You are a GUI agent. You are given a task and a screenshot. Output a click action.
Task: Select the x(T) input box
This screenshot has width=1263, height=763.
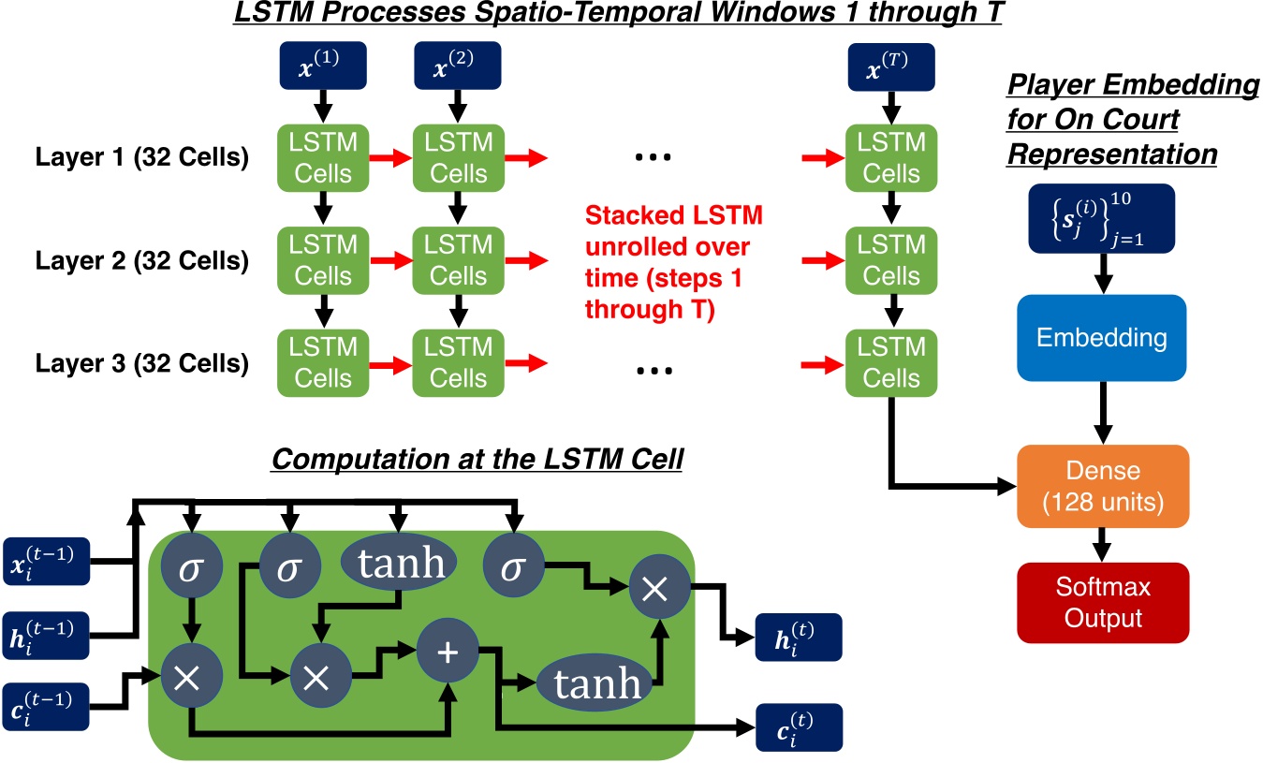pos(890,67)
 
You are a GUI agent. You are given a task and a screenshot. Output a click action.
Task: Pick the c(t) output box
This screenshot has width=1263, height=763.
pos(799,726)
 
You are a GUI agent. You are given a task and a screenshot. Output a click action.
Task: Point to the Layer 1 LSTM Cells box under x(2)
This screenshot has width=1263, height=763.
pos(458,159)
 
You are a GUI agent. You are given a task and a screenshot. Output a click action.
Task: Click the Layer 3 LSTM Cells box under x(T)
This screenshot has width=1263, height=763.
pos(890,363)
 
